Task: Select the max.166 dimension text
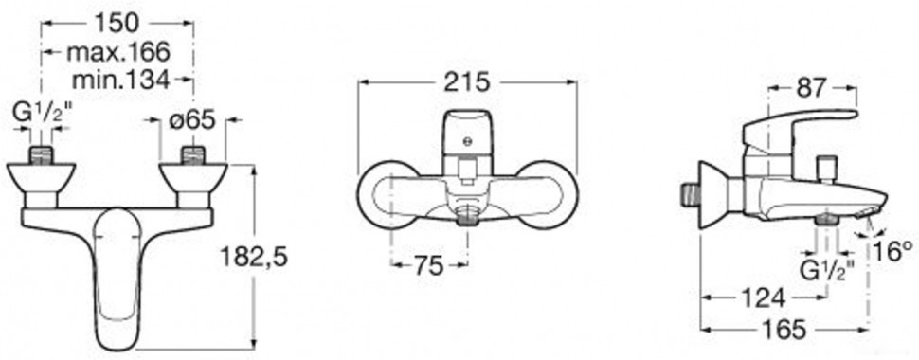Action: [x=117, y=51]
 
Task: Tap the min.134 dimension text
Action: [x=120, y=80]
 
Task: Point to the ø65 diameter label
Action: [x=192, y=120]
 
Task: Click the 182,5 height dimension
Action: [x=254, y=256]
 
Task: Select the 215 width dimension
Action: [x=466, y=82]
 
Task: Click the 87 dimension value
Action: [x=811, y=88]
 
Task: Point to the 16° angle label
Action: [x=892, y=251]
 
